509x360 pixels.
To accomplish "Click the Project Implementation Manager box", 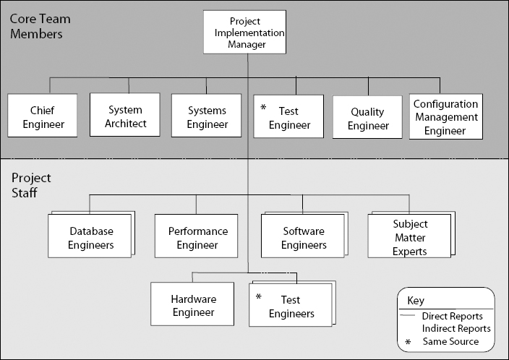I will tap(244, 33).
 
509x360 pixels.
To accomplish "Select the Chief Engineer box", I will tap(43, 117).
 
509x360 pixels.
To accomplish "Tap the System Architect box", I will tap(125, 116).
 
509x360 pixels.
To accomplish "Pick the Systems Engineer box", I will tap(207, 117).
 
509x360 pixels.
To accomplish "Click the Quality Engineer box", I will tap(367, 118).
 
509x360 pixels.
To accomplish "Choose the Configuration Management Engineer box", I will tap(445, 117).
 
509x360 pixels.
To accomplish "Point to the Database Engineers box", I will tap(91, 237).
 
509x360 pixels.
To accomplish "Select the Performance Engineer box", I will tap(197, 237).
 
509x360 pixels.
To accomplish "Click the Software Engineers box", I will tap(303, 237).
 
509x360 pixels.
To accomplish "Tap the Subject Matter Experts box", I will tap(409, 236).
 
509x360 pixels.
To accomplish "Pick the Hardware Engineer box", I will tap(193, 305).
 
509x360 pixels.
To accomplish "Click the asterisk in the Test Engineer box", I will tap(264, 108).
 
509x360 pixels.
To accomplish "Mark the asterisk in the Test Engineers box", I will tap(258, 297).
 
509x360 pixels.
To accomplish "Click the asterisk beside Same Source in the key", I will tap(409, 341).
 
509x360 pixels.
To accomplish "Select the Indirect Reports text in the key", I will tap(458, 329).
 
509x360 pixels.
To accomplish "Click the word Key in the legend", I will tap(416, 300).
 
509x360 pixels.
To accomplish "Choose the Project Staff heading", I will tap(30, 184).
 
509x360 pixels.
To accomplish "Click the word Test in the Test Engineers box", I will tap(290, 299).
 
